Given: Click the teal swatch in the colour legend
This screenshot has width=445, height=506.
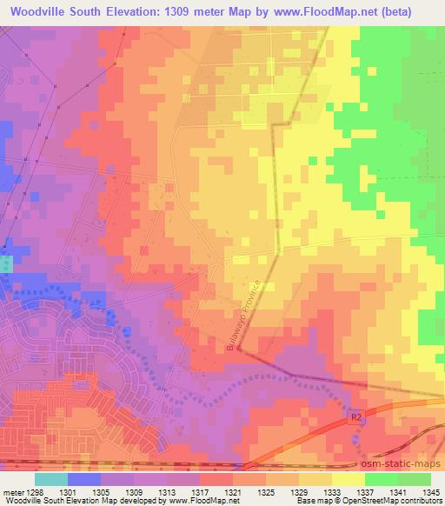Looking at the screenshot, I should pos(51,478).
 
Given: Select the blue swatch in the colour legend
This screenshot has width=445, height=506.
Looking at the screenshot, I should pos(84,478).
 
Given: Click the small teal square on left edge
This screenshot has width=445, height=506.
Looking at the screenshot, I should pos(6,263).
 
